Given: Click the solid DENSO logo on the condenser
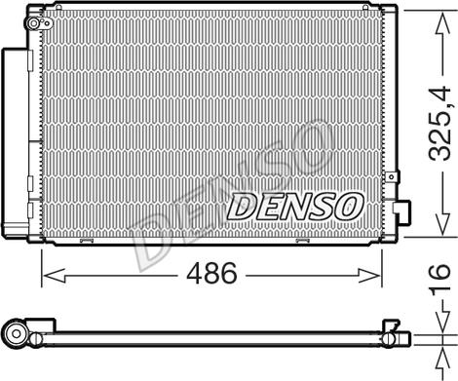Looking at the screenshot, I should pos(294,206).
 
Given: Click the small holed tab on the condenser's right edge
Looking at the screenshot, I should pos(392,177).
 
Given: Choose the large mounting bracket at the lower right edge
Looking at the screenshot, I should pos(402,212).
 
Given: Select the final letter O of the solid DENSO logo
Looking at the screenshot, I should pos(348,206).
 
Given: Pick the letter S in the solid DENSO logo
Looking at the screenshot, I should pos(320,206).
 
